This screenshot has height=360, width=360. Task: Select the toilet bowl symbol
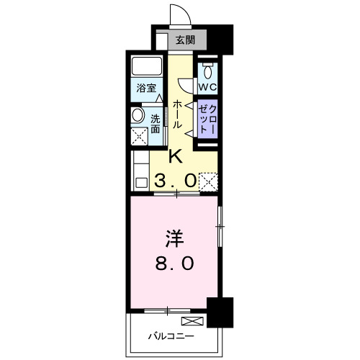click(x=207, y=71)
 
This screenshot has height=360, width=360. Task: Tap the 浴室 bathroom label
click(x=146, y=88)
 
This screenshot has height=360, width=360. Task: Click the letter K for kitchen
click(x=175, y=156)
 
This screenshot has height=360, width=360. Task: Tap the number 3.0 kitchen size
click(x=175, y=181)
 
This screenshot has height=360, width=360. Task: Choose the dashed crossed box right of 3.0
click(x=208, y=180)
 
